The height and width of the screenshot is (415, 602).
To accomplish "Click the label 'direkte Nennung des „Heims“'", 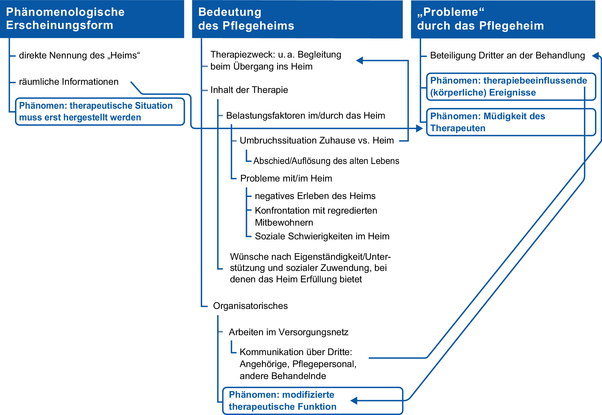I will tap(79, 55).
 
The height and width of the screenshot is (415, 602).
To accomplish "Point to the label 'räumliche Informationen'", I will tap(69, 82).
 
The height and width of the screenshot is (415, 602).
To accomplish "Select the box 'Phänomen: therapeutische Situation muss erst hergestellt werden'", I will tap(100, 112).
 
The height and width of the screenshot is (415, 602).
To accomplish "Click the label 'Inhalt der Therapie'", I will tap(249, 90).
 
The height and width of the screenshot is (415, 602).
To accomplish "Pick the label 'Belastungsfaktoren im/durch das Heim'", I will tap(305, 115).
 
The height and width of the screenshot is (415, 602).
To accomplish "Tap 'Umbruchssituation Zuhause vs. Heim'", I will tap(317, 140).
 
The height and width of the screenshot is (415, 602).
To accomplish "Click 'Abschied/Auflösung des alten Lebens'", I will tap(326, 161).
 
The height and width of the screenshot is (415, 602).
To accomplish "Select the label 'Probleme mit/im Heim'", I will tap(286, 178).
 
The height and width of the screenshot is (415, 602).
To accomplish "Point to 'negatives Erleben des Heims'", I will tap(315, 196).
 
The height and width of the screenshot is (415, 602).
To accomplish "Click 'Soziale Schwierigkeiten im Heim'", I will tap(322, 236).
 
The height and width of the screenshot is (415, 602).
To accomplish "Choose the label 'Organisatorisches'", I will tap(250, 306).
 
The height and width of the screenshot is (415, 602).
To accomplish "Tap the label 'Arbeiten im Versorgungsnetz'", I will tap(289, 332).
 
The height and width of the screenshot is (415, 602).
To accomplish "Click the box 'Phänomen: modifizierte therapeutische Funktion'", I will tap(313, 401).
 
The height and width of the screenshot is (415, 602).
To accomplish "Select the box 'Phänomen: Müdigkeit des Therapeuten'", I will tap(511, 122).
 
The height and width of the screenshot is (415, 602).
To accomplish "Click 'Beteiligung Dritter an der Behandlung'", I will tap(507, 55).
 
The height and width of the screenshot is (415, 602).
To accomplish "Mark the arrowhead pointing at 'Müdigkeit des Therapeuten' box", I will tap(419, 128).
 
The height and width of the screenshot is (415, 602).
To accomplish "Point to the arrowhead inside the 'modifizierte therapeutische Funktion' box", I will tap(354, 400).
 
